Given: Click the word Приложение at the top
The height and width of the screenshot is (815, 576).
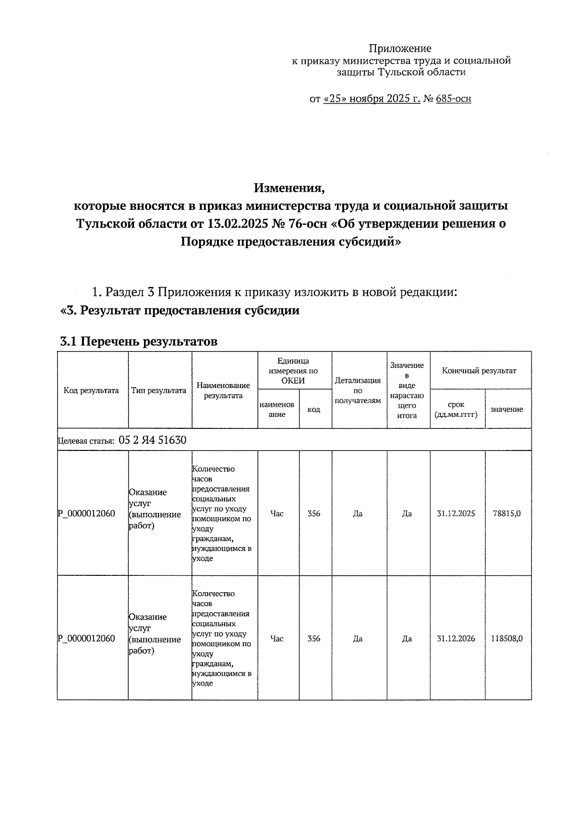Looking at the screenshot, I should tap(400, 49).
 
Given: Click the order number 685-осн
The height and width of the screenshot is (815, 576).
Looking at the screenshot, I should tap(454, 99).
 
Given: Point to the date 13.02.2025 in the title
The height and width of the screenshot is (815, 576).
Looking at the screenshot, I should tap(235, 224).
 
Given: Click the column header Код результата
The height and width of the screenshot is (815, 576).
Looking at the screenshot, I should tap(91, 390).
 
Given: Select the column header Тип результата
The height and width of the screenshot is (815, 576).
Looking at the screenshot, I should tap(159, 390).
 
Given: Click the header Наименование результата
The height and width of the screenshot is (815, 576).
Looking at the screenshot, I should tap(223, 390).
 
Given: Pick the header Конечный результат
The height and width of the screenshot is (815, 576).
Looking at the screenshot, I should tap(479, 371).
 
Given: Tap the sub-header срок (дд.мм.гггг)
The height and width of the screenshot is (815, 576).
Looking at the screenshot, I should tap(456, 409).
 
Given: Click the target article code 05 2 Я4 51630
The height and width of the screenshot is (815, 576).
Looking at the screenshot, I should tap(152, 440).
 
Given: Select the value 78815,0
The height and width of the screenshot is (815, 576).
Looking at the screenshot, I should tap(506, 513).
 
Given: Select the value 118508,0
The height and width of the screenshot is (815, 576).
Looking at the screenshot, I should tap(506, 638).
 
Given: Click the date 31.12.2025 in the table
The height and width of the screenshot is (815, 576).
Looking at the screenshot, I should tap(456, 513).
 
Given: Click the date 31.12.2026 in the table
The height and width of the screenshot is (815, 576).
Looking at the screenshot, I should tap(456, 638).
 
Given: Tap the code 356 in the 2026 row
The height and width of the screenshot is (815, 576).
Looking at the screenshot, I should tap(314, 638).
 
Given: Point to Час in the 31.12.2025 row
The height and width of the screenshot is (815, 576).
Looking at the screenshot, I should tap(277, 513).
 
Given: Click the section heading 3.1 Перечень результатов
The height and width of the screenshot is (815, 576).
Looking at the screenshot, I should tap(139, 341).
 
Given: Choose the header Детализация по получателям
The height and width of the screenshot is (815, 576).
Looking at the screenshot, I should tap(358, 390).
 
